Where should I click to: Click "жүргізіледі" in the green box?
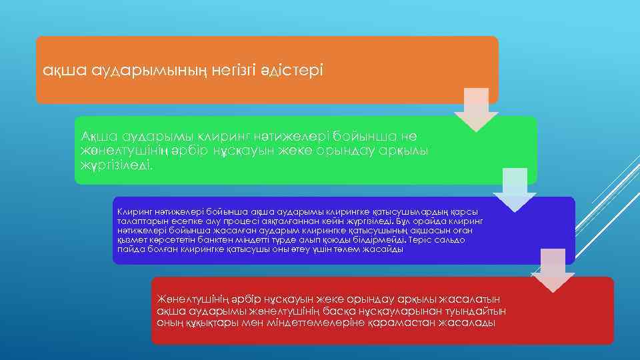point(117,164)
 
